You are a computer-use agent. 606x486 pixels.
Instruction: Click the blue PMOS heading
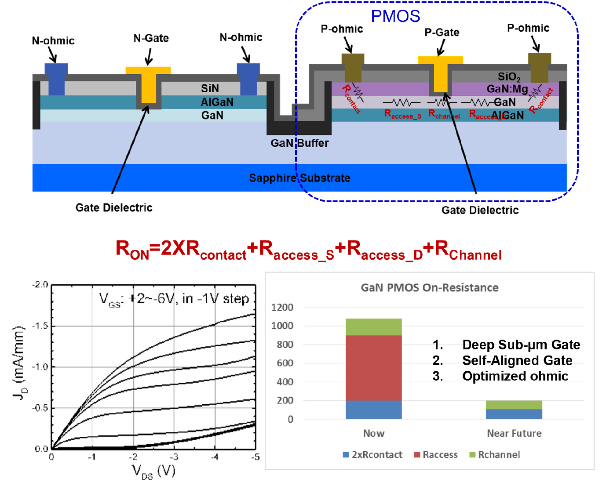pyautogui.click(x=395, y=16)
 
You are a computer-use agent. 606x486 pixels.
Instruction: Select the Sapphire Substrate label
pyautogui.click(x=299, y=178)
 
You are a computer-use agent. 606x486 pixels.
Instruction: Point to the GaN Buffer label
pyautogui.click(x=299, y=143)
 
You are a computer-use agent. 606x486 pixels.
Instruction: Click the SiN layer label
pyautogui.click(x=210, y=88)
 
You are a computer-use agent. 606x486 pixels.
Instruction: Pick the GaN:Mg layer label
pyautogui.click(x=507, y=89)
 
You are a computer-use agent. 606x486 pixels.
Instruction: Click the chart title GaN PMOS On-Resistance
pyautogui.click(x=429, y=288)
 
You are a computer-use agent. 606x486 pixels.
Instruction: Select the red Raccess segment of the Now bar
pyautogui.click(x=373, y=367)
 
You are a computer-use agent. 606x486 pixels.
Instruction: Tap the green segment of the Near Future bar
pyautogui.click(x=514, y=405)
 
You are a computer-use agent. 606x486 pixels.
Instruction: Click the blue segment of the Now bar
pyautogui.click(x=373, y=410)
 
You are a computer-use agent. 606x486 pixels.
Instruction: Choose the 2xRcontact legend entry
pyautogui.click(x=372, y=455)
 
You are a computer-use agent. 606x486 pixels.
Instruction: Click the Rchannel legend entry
pyautogui.click(x=494, y=455)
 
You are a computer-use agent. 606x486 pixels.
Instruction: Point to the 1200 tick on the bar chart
pyautogui.click(x=282, y=307)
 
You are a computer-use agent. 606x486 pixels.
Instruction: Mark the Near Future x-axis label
pyautogui.click(x=514, y=433)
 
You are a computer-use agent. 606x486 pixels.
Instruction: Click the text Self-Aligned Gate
pyautogui.click(x=517, y=361)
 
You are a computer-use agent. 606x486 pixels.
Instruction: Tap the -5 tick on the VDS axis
pyautogui.click(x=255, y=457)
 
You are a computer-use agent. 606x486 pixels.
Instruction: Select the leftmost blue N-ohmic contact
pyautogui.click(x=56, y=79)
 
